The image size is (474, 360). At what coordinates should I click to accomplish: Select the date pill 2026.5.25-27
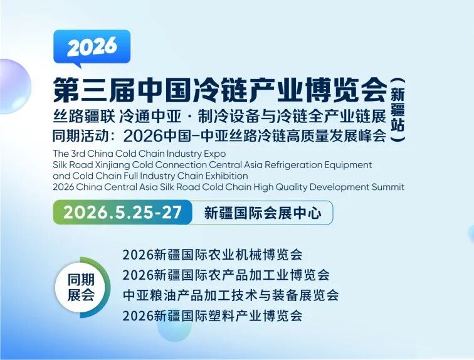pyautogui.click(x=127, y=212)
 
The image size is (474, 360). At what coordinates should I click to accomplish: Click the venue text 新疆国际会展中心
pyautogui.click(x=263, y=213)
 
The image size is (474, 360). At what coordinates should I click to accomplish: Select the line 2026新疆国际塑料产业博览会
pyautogui.click(x=213, y=315)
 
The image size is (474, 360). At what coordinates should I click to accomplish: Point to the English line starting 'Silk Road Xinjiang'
pyautogui.click(x=213, y=164)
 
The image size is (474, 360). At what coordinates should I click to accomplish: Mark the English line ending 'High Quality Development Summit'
pyautogui.click(x=229, y=186)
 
